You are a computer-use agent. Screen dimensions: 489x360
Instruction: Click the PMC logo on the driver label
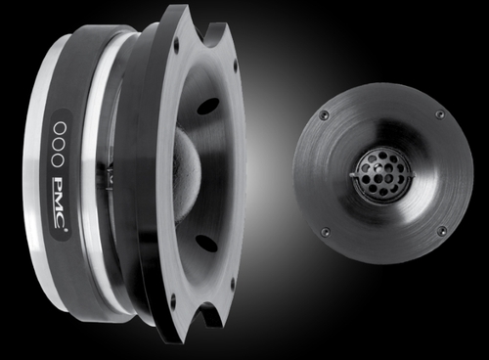(60, 202)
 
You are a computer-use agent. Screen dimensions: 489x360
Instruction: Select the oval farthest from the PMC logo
(60, 128)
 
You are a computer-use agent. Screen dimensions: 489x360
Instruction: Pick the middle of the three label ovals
(59, 144)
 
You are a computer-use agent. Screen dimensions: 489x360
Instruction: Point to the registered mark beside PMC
(67, 230)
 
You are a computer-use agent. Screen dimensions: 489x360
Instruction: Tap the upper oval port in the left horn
(207, 106)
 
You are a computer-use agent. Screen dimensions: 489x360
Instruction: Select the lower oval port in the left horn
(206, 244)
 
